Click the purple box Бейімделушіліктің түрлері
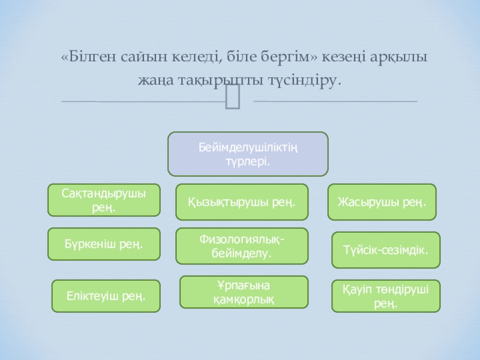tap(247, 154)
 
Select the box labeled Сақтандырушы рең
tap(104, 200)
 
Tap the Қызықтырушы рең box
tap(242, 202)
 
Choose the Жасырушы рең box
tap(382, 202)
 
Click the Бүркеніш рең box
tap(104, 244)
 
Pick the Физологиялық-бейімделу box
tap(242, 246)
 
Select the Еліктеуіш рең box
tap(106, 296)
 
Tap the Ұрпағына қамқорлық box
tap(244, 292)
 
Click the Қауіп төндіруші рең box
tap(386, 296)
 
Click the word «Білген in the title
tap(84, 58)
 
